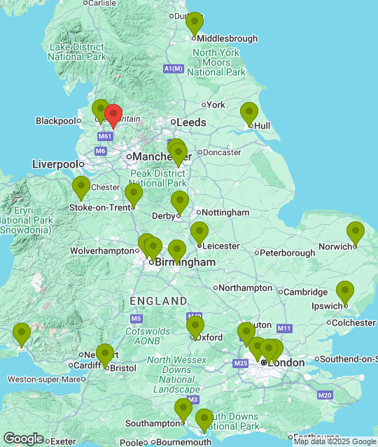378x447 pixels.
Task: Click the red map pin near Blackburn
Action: [x=113, y=115]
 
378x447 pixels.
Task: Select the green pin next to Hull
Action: [x=249, y=113]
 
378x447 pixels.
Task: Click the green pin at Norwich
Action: [x=356, y=233]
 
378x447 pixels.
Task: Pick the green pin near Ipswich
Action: [x=344, y=292]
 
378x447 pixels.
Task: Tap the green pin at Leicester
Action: [x=199, y=233]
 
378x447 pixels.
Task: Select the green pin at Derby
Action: [x=180, y=203]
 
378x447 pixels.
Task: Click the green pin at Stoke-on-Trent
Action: [x=134, y=195]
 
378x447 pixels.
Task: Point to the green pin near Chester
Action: [x=81, y=188]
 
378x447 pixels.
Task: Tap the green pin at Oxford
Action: [x=195, y=326]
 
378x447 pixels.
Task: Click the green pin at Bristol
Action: [x=105, y=356]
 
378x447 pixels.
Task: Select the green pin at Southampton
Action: [x=183, y=409]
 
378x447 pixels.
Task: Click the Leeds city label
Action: [x=191, y=122]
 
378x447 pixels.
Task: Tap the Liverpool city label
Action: [x=55, y=164]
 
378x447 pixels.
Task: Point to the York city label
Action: [x=216, y=105]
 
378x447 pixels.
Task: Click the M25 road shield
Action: [x=241, y=363]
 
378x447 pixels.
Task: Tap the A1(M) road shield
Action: [x=173, y=68]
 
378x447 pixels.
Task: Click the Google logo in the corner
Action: [x=23, y=439]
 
